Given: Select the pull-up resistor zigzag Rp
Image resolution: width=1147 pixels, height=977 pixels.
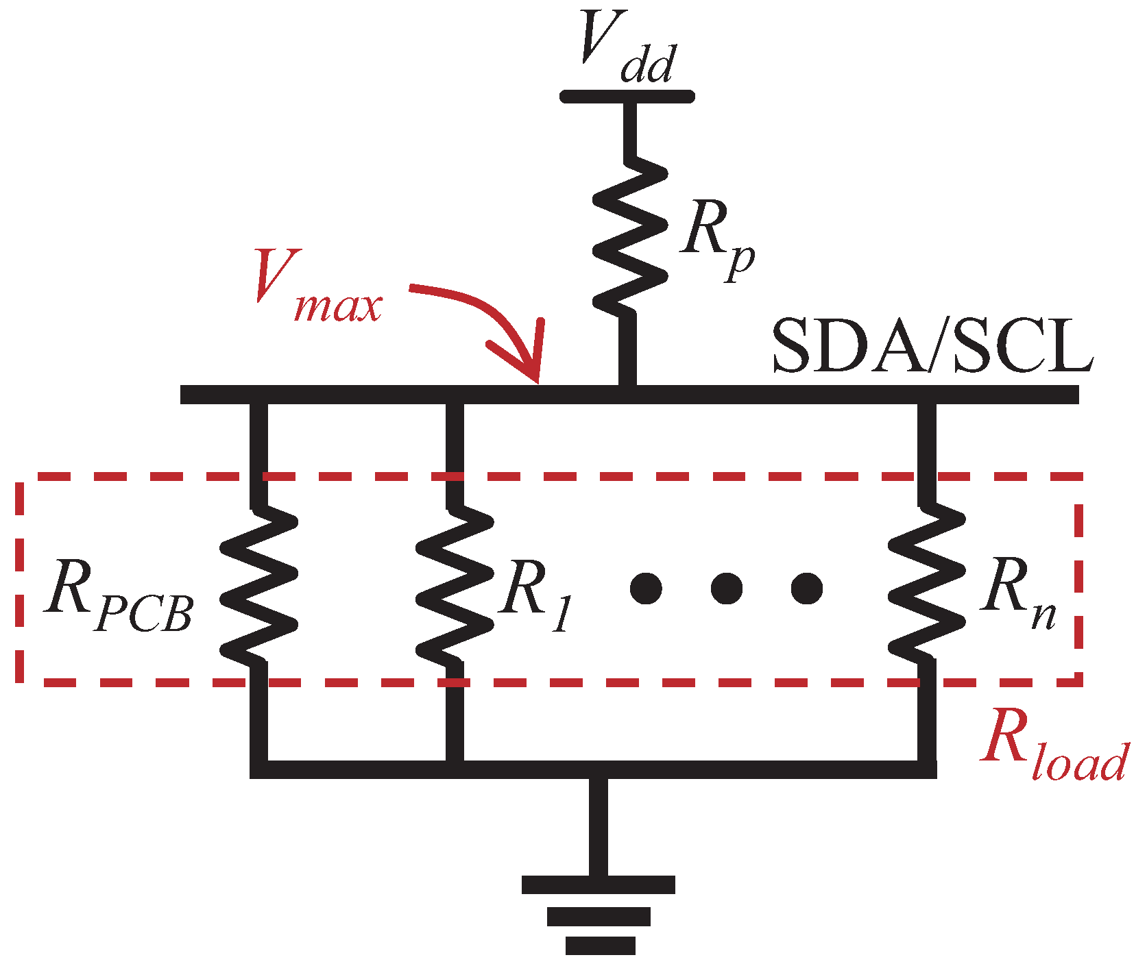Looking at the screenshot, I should (629, 236).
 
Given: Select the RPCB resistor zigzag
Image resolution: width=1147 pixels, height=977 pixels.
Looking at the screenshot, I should (259, 586).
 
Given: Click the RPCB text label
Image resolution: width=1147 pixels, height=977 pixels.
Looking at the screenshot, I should (117, 596).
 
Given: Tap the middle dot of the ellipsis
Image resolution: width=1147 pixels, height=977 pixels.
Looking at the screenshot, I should (726, 588).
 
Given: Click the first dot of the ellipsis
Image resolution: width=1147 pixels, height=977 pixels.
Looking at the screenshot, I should (646, 588).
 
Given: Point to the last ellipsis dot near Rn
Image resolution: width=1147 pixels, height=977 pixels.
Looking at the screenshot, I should (806, 588).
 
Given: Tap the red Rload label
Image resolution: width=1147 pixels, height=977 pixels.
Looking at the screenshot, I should (1052, 747).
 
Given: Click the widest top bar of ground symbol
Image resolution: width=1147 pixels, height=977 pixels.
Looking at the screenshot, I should (598, 885).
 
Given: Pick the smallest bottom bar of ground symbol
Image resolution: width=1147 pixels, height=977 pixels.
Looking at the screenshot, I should (600, 946).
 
